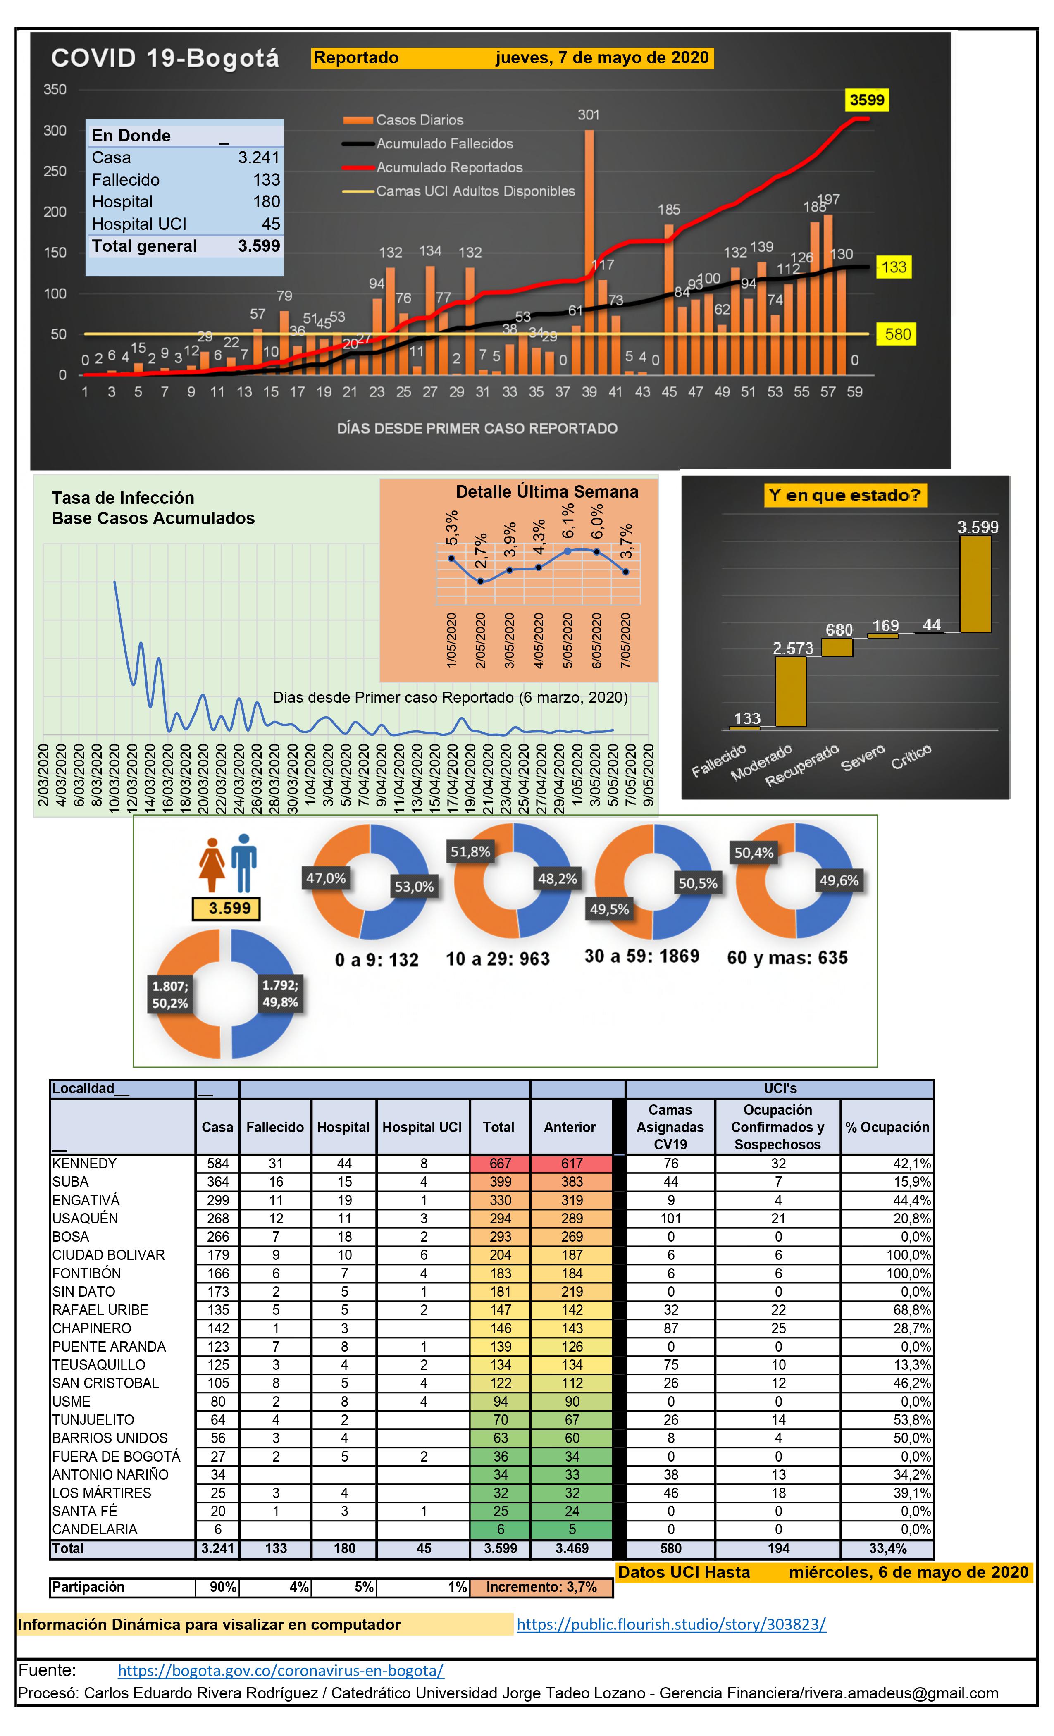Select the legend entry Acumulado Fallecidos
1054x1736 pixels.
[x=444, y=144]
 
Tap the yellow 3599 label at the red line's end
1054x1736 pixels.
[x=867, y=100]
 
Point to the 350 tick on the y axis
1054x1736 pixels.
[x=55, y=89]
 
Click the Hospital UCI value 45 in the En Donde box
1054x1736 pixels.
[x=271, y=224]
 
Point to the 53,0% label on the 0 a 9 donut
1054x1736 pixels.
[x=414, y=886]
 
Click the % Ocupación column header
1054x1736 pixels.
[x=887, y=1127]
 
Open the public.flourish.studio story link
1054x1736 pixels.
[x=671, y=1625]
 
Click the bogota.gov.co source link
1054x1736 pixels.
[x=280, y=1670]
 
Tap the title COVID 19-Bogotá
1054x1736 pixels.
[x=165, y=58]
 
